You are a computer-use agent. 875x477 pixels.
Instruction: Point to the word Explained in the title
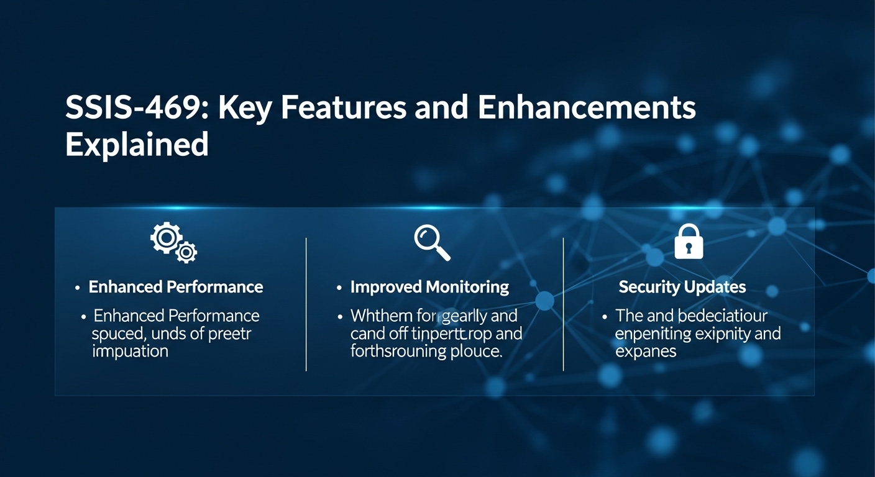(137, 145)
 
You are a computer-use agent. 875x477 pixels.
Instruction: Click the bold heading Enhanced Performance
(176, 287)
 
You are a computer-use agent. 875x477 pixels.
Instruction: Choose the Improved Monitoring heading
(429, 287)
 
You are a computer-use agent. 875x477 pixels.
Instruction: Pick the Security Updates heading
(682, 287)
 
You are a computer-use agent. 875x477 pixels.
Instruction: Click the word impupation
(130, 351)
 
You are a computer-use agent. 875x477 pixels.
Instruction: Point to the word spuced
(118, 334)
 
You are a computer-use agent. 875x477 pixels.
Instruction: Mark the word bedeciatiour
(722, 316)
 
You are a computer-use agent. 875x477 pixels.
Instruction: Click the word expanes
(646, 351)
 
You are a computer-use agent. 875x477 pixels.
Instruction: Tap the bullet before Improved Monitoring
(339, 288)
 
